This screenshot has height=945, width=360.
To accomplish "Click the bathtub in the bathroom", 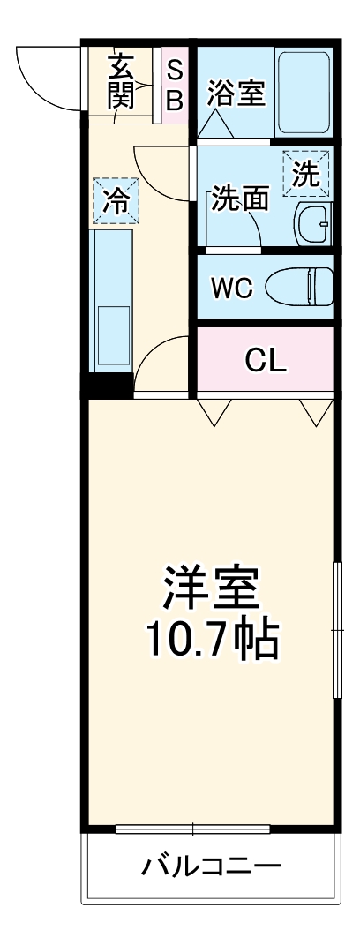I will coord(304,92).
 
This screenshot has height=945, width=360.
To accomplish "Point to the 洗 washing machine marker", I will coord(305,173).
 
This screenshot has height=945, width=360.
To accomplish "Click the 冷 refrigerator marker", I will coord(115,200).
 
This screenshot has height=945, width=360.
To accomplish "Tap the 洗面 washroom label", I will coord(239,199).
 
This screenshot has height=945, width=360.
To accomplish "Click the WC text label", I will coord(231,288).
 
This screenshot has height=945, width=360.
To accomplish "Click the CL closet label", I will coord(265,360).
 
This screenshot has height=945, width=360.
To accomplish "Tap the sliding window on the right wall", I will coord(335,630).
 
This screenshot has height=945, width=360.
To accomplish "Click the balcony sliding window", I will coord(193,829).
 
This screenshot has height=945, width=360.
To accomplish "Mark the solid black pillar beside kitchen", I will coord(107,386).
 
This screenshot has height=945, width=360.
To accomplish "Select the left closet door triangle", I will coord(214,409).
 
